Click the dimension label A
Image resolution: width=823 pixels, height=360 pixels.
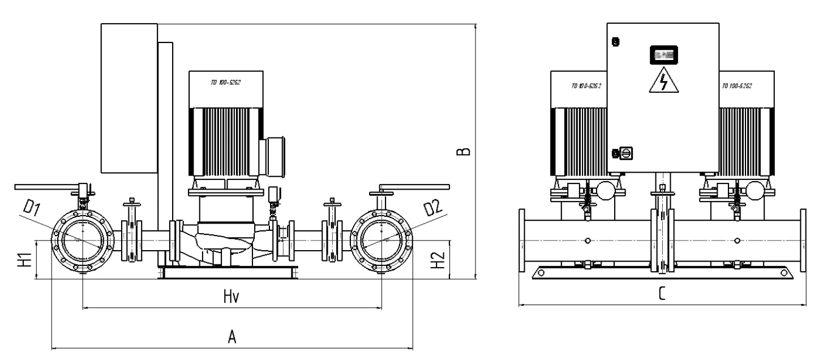[231, 337]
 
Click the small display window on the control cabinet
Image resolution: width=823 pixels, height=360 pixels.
[663, 54]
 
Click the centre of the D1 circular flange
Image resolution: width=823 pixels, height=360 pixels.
[83, 241]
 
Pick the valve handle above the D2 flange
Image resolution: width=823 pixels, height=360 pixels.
[413, 186]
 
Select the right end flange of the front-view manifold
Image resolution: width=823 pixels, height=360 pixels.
[803, 241]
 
